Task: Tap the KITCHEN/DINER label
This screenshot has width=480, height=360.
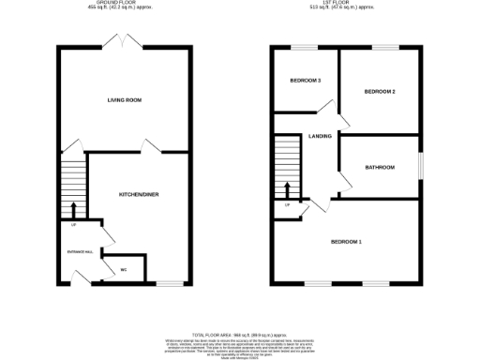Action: coord(134,194)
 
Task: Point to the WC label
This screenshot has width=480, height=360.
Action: coord(123,270)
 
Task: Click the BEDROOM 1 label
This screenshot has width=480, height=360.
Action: coord(346,243)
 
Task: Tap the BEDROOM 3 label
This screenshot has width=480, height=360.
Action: coord(307,81)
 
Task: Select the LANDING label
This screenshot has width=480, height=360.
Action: coord(320,137)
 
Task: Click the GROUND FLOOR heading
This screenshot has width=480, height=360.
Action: coord(125,4)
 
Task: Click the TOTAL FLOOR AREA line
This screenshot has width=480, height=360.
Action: coord(240,335)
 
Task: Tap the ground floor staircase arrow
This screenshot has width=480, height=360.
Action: coord(73,207)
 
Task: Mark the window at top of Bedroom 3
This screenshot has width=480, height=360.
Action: coord(302,47)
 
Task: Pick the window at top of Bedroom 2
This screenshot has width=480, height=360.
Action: coord(385,47)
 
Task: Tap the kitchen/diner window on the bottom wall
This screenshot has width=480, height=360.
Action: coord(169,282)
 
